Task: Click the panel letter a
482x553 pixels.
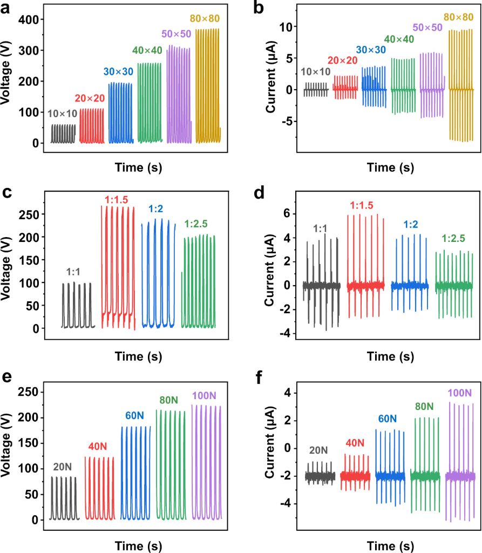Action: click(9, 9)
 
